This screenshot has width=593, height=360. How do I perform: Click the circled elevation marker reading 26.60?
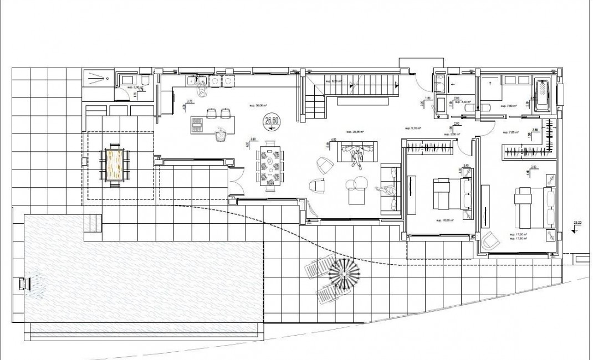click(272, 121)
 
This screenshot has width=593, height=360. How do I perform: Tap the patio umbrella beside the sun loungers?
click(344, 272)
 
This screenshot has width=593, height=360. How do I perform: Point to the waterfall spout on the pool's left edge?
click(24, 284)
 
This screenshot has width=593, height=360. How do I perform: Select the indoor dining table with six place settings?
click(270, 164)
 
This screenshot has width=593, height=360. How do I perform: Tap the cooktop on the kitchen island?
click(197, 126)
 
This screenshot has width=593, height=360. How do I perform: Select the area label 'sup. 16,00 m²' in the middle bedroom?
click(445, 220)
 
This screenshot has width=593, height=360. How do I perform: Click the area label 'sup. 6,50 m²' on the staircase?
click(334, 81)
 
